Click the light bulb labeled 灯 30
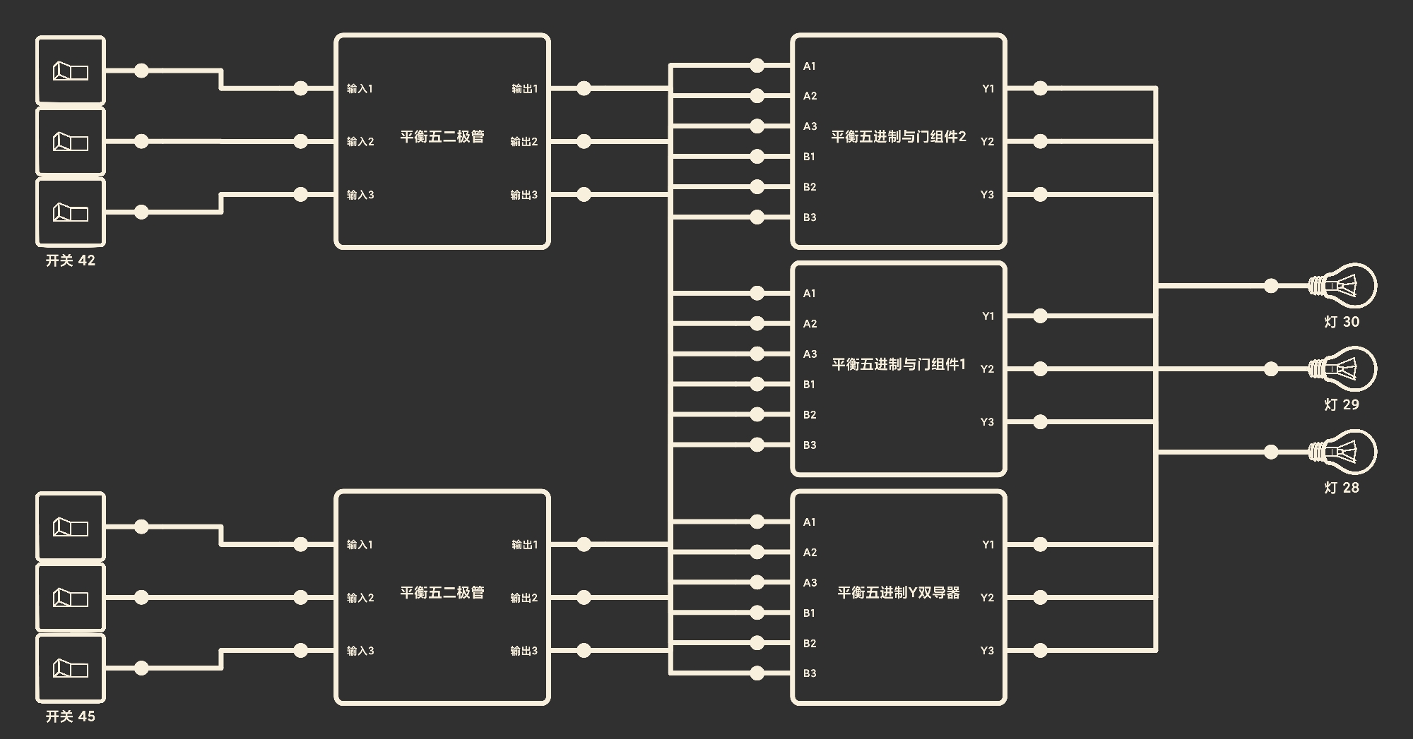(x=1342, y=286)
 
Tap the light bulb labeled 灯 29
(x=1342, y=368)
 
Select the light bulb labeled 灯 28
(x=1342, y=452)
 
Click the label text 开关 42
(x=71, y=260)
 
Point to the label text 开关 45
(x=71, y=716)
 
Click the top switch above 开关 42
(x=71, y=71)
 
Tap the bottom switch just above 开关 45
(x=71, y=668)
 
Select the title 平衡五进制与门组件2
(x=899, y=136)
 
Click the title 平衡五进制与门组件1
(x=899, y=364)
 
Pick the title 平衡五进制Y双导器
(x=899, y=593)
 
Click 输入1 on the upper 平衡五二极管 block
(x=360, y=89)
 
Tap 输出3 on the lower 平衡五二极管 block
(x=524, y=651)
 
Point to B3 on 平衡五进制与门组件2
(x=810, y=217)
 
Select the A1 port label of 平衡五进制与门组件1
(x=810, y=294)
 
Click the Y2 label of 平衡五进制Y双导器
(x=987, y=598)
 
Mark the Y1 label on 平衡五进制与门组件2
(x=988, y=89)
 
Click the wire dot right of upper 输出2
(x=584, y=141)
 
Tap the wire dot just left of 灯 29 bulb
(x=1271, y=368)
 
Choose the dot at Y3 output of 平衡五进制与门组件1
(x=1040, y=422)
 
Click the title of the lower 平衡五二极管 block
(x=442, y=593)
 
